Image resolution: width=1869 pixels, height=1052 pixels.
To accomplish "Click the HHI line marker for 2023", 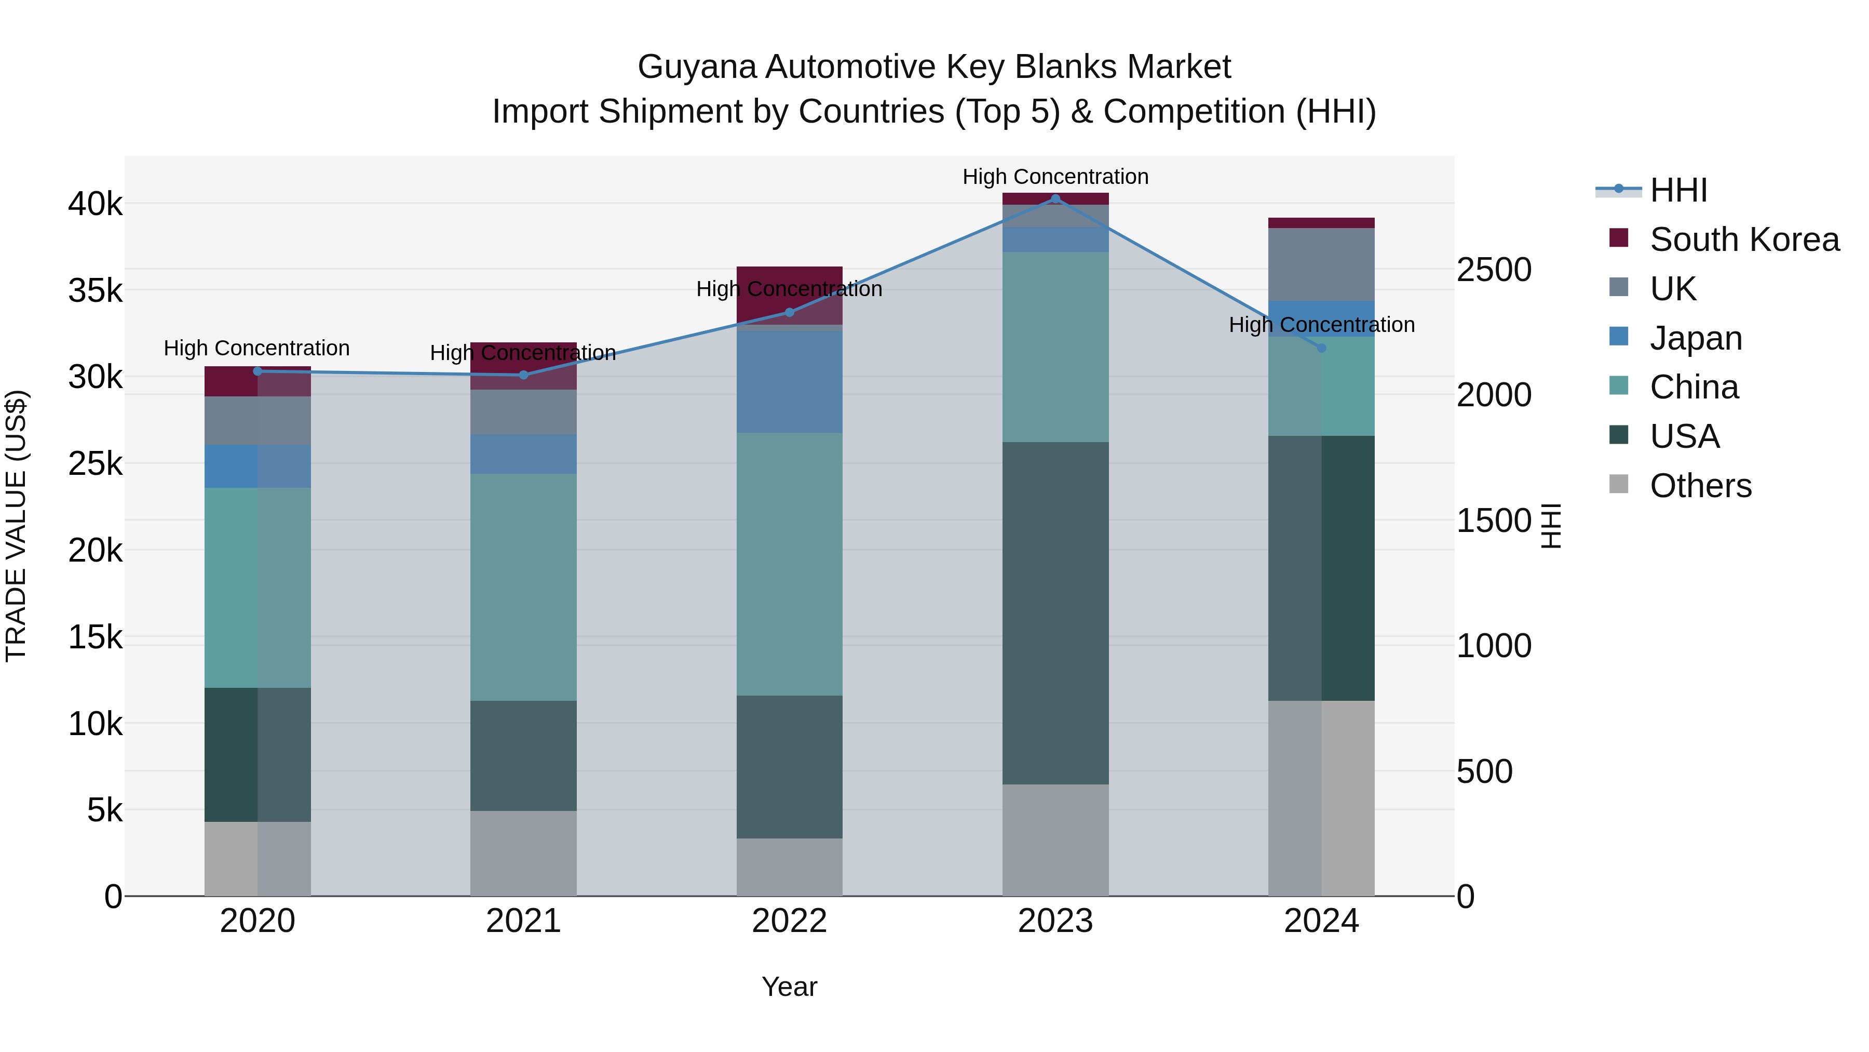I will (x=1055, y=199).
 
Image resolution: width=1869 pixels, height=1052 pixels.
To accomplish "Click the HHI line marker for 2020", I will (x=258, y=371).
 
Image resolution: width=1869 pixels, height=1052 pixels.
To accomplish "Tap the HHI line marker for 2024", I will (x=1321, y=348).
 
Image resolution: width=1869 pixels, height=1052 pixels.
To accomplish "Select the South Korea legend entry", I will (x=1744, y=239).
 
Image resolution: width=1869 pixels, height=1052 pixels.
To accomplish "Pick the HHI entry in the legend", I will (x=1678, y=190).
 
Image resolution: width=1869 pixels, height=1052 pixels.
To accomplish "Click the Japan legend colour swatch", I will (x=1619, y=337).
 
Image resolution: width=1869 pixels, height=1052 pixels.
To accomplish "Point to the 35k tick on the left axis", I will (x=95, y=290).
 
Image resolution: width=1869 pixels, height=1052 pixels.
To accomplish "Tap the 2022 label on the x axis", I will (x=789, y=921).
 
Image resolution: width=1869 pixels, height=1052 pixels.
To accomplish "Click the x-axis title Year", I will (x=789, y=987).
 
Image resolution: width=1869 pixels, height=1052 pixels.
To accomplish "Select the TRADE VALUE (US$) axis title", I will (x=16, y=526).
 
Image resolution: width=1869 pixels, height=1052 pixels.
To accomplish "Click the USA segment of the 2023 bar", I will (x=1055, y=613).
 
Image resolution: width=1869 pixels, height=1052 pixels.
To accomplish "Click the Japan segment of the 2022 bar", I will (x=789, y=382).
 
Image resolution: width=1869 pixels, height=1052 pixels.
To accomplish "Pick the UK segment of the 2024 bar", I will (x=1321, y=264).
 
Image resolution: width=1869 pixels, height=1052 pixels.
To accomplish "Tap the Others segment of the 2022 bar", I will (x=789, y=867).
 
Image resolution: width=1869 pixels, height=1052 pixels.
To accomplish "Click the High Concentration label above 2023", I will (x=1055, y=177).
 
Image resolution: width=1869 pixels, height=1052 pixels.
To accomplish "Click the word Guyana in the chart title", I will (x=697, y=67).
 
